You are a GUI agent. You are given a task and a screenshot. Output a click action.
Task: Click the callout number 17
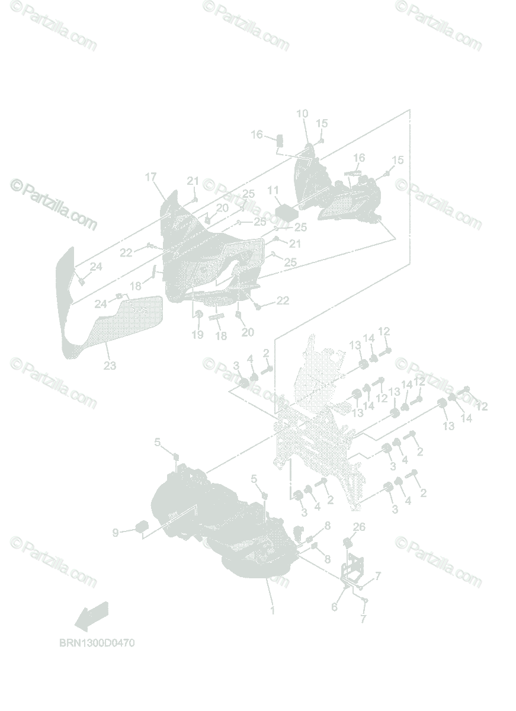click(x=150, y=177)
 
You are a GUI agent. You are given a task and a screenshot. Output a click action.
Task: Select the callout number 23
click(x=110, y=366)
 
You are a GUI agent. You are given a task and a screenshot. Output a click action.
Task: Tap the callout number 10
click(x=302, y=114)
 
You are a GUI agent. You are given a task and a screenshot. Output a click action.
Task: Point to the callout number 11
click(x=273, y=191)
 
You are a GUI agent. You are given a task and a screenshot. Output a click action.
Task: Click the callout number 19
click(x=197, y=335)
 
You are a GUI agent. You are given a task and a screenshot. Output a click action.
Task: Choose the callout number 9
click(x=115, y=533)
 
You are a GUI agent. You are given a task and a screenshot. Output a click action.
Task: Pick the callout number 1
click(x=273, y=610)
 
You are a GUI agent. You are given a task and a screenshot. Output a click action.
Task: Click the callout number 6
click(x=334, y=607)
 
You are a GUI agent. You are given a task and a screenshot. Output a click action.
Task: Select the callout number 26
click(x=360, y=527)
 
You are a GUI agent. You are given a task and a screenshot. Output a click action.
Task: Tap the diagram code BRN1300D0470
click(x=97, y=643)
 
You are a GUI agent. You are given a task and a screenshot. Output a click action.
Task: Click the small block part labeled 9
click(x=142, y=527)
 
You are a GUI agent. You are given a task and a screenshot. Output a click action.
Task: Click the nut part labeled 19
click(x=200, y=314)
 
